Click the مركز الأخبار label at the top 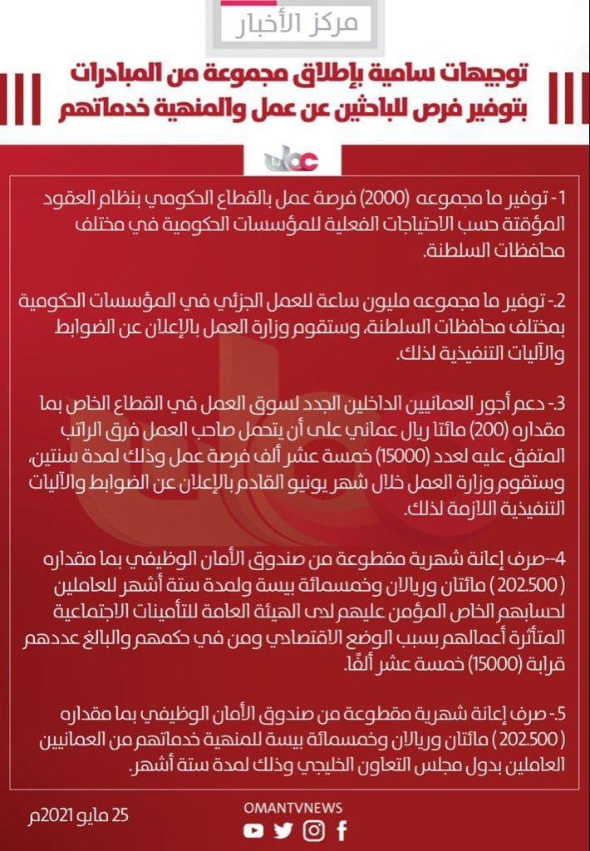coord(294,23)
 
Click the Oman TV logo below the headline coord(294,157)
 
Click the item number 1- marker coord(554,199)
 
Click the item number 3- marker coord(554,405)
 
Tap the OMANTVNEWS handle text coord(294,807)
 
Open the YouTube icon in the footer coord(253,830)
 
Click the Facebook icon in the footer coord(341,830)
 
